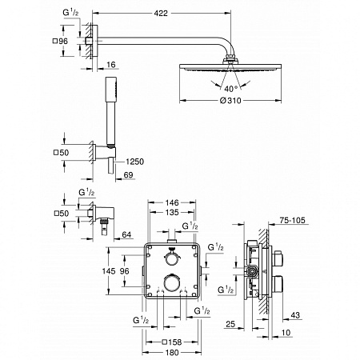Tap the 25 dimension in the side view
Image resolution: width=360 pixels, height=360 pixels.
230,326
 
